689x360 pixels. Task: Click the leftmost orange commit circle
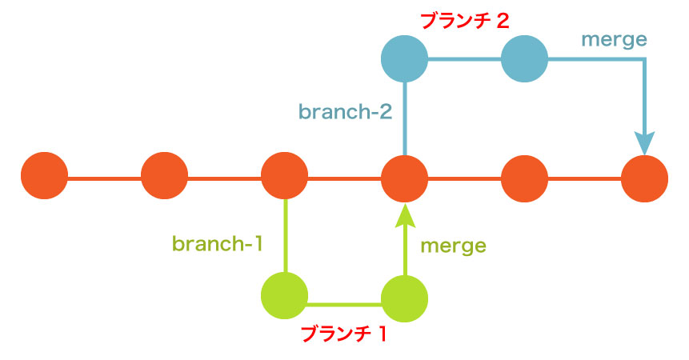click(x=44, y=177)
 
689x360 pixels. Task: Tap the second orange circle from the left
click(x=164, y=177)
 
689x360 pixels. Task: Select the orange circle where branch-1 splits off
click(x=284, y=177)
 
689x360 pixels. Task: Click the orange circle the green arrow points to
click(x=404, y=177)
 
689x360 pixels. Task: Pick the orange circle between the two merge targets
click(x=524, y=177)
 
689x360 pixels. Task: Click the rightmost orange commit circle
click(x=644, y=177)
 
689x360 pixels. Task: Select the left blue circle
click(x=404, y=58)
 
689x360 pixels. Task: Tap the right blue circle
click(x=524, y=58)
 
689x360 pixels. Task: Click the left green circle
click(x=284, y=297)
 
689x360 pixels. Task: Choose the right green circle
click(x=404, y=297)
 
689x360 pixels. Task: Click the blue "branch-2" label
click(x=345, y=111)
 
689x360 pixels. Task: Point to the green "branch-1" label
click(x=218, y=242)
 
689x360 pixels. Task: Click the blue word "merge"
click(x=614, y=38)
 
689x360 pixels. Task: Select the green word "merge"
click(x=453, y=246)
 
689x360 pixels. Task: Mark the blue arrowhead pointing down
click(x=644, y=142)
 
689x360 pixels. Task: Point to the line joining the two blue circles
click(x=464, y=58)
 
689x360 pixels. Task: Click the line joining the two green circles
click(x=344, y=303)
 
